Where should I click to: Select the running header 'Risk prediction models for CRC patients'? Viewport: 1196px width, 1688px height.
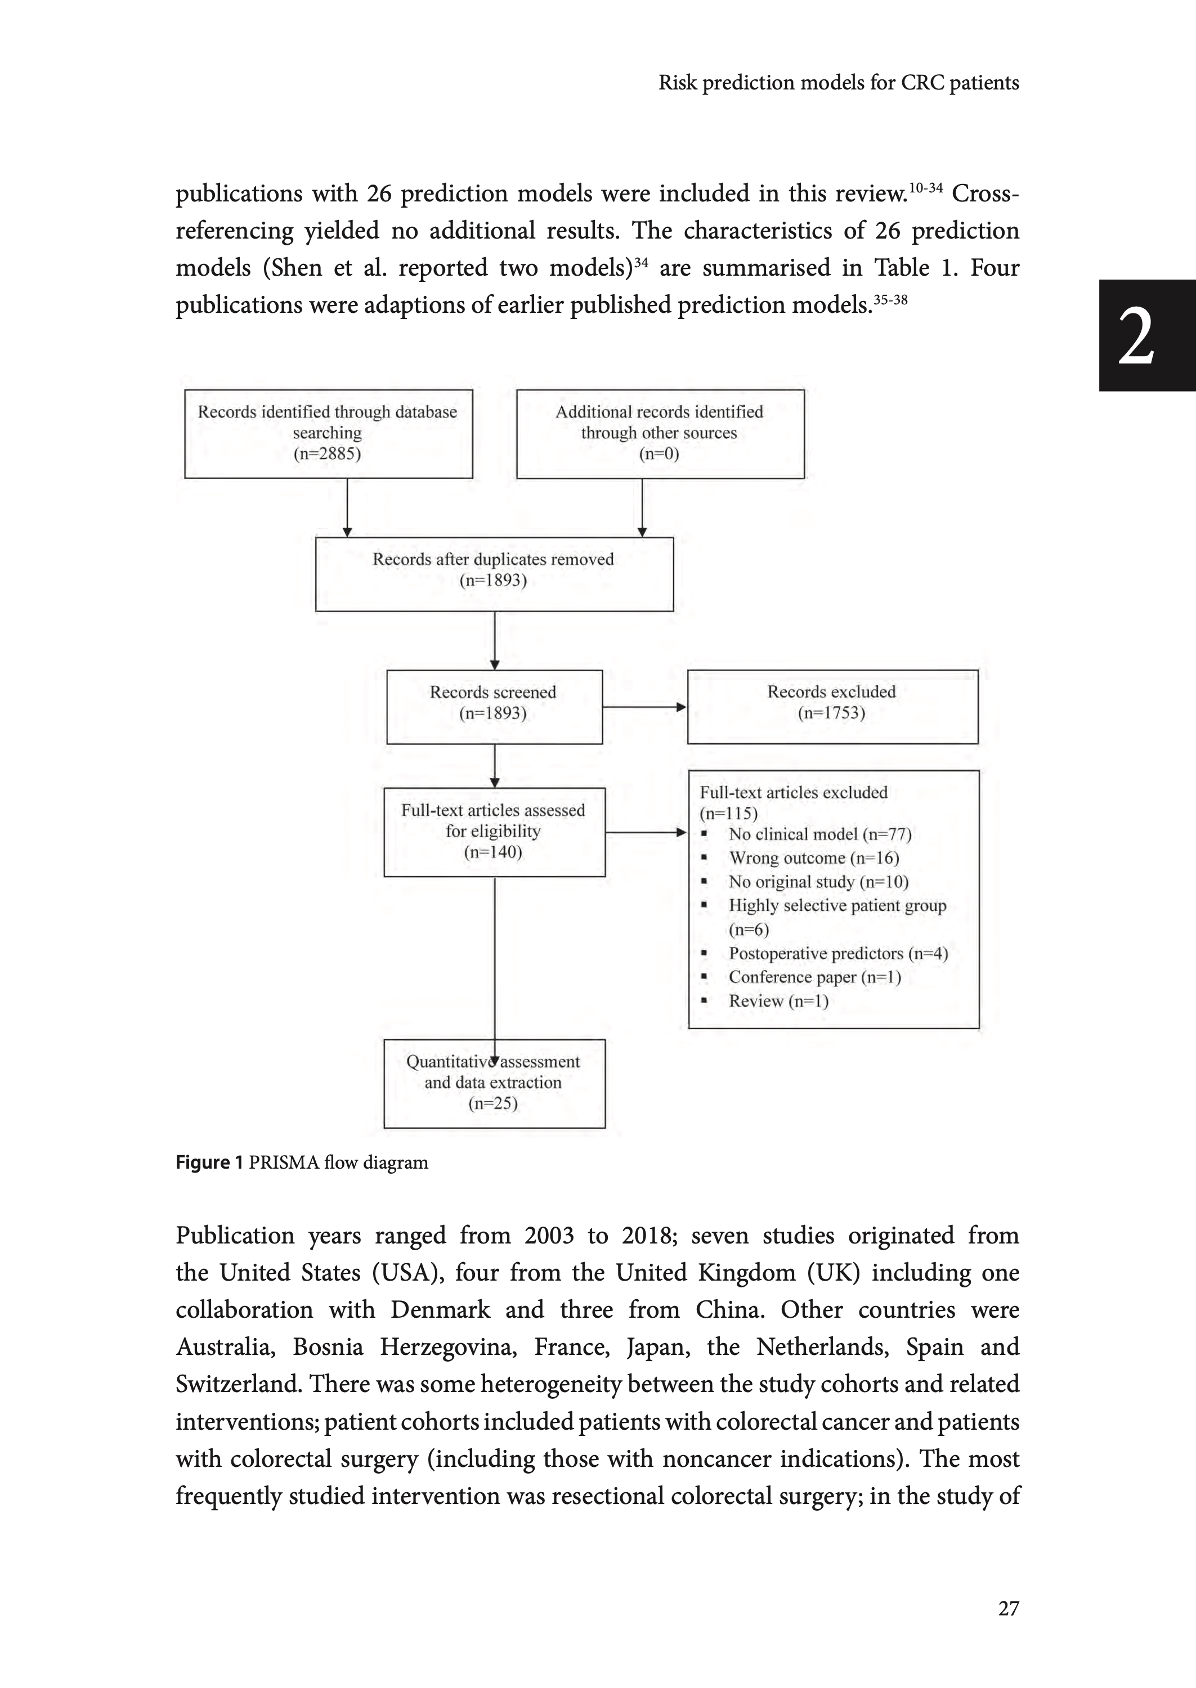[838, 83]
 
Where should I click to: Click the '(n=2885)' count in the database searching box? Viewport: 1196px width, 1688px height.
[327, 454]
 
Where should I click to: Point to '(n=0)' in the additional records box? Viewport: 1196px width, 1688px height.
[659, 454]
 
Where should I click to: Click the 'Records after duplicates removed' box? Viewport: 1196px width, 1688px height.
[494, 573]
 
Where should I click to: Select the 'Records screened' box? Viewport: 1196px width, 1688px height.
[494, 706]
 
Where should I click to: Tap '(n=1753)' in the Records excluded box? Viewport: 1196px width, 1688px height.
[831, 712]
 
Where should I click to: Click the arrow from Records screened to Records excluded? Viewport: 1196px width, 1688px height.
[644, 707]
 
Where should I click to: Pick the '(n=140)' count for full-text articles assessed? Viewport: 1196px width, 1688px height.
[492, 852]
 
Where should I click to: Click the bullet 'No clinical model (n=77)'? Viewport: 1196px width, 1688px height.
[819, 834]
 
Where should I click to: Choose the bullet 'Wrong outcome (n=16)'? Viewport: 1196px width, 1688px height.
[814, 858]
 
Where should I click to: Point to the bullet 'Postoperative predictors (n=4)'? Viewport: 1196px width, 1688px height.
[838, 953]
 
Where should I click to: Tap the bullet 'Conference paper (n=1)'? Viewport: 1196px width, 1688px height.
[814, 977]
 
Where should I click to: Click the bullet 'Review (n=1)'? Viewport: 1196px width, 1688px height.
[778, 1001]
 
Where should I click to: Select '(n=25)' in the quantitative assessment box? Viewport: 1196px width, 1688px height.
[492, 1103]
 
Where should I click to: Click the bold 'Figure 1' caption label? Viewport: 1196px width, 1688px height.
[208, 1162]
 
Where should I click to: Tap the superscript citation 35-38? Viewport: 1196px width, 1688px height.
[890, 299]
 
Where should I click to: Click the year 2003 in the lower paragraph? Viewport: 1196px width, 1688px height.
[549, 1234]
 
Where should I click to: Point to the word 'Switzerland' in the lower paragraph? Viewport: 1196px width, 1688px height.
[237, 1384]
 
